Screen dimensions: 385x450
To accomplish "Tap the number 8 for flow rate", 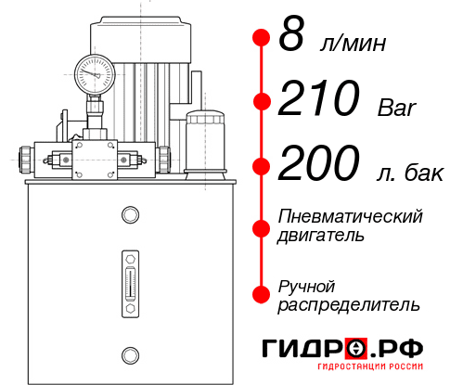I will (292, 38).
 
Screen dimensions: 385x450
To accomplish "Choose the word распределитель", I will (349, 304).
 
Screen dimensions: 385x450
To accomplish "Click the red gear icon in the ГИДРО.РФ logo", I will (356, 348).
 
